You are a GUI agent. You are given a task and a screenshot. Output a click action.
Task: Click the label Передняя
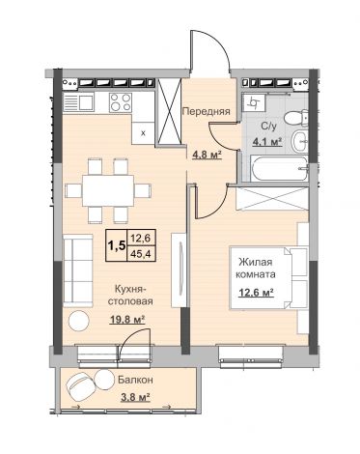click(x=207, y=112)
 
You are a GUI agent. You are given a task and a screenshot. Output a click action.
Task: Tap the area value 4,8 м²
click(x=208, y=156)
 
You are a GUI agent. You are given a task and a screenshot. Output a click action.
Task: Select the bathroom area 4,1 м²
click(x=267, y=141)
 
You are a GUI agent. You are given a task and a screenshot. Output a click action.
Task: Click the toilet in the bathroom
click(x=296, y=118)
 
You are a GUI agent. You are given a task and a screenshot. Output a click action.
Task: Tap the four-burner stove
click(x=121, y=102)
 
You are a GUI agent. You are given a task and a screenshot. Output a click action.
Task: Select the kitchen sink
click(x=79, y=102)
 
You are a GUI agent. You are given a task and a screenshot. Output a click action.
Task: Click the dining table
click(x=108, y=190)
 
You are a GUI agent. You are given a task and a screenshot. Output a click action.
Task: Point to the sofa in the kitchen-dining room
click(x=78, y=271)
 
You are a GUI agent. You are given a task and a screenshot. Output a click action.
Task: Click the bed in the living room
click(x=268, y=278)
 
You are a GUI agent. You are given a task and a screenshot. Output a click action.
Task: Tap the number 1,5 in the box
click(x=117, y=245)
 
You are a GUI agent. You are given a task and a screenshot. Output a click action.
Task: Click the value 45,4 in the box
click(x=141, y=254)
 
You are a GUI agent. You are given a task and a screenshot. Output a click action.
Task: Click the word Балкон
click(x=135, y=381)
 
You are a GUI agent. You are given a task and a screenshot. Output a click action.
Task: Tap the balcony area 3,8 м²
click(x=135, y=397)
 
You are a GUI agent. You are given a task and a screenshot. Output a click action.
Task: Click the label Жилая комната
click(x=256, y=269)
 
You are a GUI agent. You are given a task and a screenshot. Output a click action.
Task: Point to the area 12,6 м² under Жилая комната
click(x=256, y=293)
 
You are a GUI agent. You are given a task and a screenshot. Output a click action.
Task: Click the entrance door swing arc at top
click(x=218, y=38)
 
